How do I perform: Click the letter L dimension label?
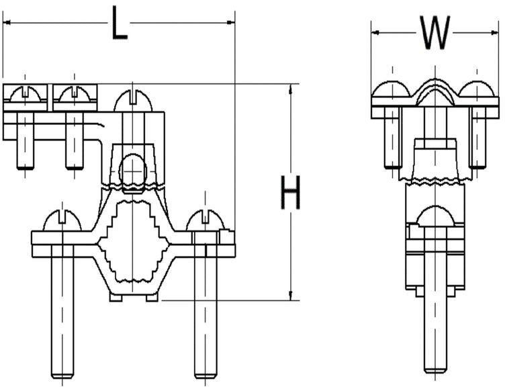[x=119, y=28]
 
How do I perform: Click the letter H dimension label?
[x=290, y=195]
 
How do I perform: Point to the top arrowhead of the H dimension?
[x=290, y=88]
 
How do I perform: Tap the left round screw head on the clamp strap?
[x=62, y=221]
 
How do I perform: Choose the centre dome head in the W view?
[x=435, y=94]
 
